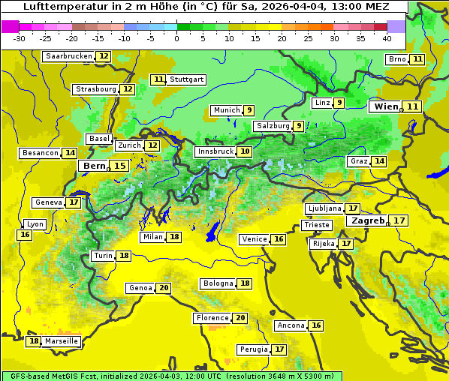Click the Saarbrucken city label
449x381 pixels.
[69, 56]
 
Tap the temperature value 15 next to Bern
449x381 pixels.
[119, 166]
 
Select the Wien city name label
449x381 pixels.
[386, 106]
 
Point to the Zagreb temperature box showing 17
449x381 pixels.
[399, 220]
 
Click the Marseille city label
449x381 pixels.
[62, 341]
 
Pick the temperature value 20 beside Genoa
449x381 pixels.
[164, 288]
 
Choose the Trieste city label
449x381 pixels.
[316, 225]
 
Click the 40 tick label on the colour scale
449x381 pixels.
[387, 38]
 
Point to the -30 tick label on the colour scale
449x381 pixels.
[20, 38]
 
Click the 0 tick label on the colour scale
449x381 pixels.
[176, 38]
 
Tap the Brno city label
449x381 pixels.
[397, 59]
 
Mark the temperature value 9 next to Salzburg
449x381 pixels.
[299, 126]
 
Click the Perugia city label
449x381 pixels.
[253, 349]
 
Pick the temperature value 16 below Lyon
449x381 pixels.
[25, 235]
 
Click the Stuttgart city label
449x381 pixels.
[186, 79]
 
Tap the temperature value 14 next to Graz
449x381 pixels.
[379, 161]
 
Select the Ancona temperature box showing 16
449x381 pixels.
[316, 325]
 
